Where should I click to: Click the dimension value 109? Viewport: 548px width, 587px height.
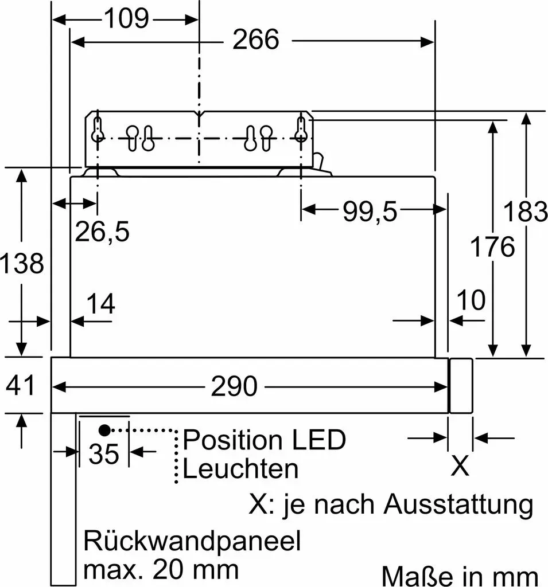(126, 18)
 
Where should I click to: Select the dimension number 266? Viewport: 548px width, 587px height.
(255, 40)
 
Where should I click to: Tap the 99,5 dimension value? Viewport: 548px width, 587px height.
(370, 212)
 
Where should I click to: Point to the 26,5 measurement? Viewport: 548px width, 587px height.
(102, 232)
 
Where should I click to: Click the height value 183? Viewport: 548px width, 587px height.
(525, 212)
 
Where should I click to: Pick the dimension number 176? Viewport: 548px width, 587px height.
(492, 246)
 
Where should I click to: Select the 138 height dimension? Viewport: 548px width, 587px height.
(22, 263)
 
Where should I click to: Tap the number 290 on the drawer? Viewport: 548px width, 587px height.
(234, 386)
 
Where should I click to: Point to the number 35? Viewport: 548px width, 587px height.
(104, 454)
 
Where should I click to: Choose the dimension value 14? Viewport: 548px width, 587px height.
(100, 304)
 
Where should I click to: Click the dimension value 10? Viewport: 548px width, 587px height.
(471, 300)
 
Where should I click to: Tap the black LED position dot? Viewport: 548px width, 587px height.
(104, 431)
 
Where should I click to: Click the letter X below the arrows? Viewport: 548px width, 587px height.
(460, 465)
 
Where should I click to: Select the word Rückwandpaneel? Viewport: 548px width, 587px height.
(192, 542)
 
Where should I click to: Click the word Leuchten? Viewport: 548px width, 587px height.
(240, 468)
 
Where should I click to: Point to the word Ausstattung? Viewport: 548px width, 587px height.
(458, 504)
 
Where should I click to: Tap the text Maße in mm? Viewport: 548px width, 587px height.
(460, 577)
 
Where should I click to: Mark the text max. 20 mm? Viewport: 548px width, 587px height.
(161, 570)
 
